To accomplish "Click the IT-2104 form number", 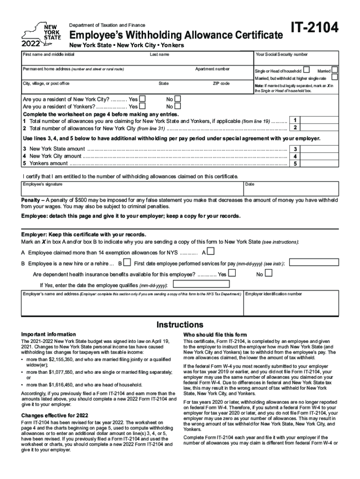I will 315,29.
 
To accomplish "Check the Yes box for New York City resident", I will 143,99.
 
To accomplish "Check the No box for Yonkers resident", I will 177,106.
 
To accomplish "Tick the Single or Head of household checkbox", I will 306,69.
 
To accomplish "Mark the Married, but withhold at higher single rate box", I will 335,77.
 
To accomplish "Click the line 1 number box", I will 295,120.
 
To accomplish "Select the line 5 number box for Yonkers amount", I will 295,164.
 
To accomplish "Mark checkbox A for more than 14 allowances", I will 210,252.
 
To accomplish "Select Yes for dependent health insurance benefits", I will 231,273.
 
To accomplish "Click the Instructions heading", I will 180,325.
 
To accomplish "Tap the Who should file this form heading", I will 215,335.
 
